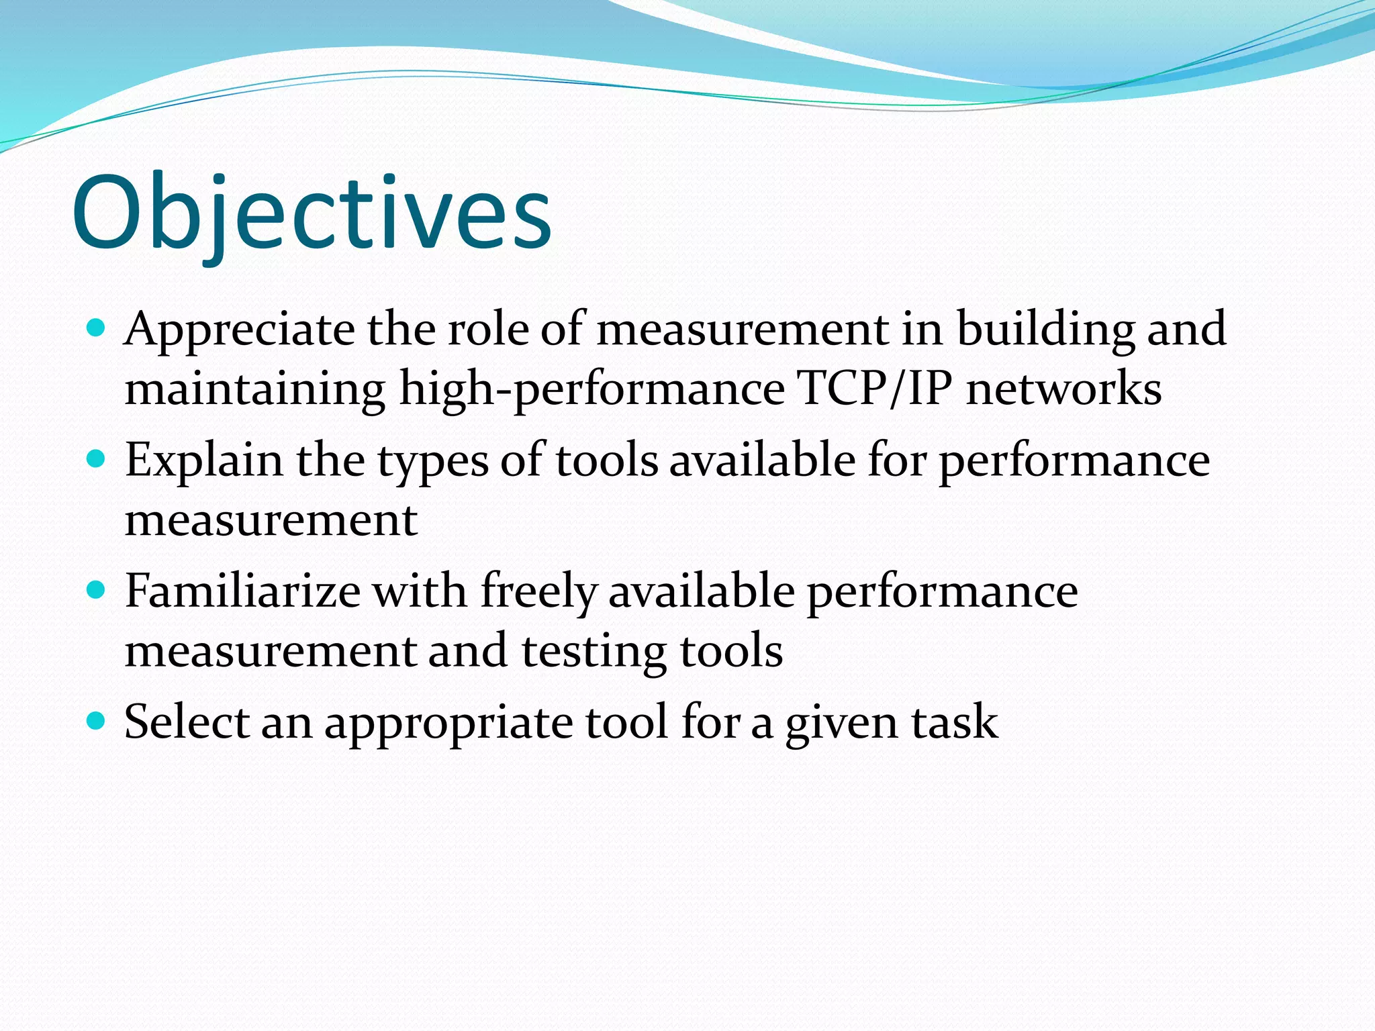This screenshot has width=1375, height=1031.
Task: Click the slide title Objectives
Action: (x=312, y=213)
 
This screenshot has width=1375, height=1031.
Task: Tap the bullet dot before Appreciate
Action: (x=97, y=329)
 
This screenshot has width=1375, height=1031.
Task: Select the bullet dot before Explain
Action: (x=97, y=460)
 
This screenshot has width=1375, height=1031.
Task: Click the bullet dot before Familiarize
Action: (x=97, y=591)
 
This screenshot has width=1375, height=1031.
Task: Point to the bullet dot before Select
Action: (x=97, y=722)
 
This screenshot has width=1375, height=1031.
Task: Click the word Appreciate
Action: (x=240, y=330)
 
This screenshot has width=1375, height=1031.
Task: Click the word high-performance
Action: (x=591, y=389)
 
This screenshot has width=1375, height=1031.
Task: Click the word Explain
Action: (x=204, y=461)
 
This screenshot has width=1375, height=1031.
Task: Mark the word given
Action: (x=841, y=724)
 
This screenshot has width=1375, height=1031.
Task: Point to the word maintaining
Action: (x=255, y=389)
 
